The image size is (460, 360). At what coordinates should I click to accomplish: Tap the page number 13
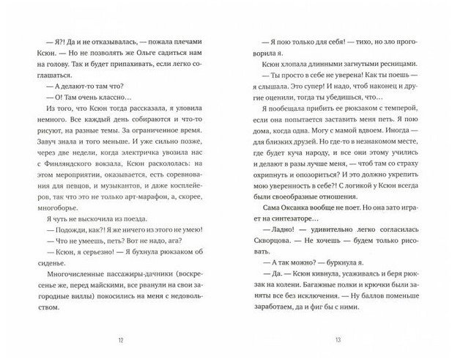[338, 339]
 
